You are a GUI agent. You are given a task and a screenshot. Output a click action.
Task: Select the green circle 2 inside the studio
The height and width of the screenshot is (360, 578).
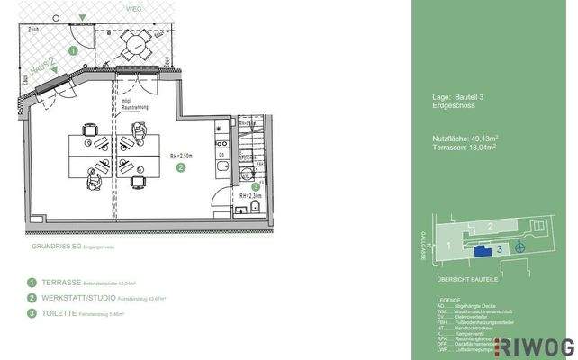180,166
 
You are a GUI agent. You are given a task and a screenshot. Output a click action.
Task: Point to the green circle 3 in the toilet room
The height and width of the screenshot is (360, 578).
256,186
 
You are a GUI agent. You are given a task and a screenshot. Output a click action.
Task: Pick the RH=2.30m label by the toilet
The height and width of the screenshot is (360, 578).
250,195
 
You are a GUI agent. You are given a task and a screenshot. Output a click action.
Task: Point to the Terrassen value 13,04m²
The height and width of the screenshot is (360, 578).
479,148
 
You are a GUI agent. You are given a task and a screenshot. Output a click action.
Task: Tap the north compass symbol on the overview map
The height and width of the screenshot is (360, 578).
519,247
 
